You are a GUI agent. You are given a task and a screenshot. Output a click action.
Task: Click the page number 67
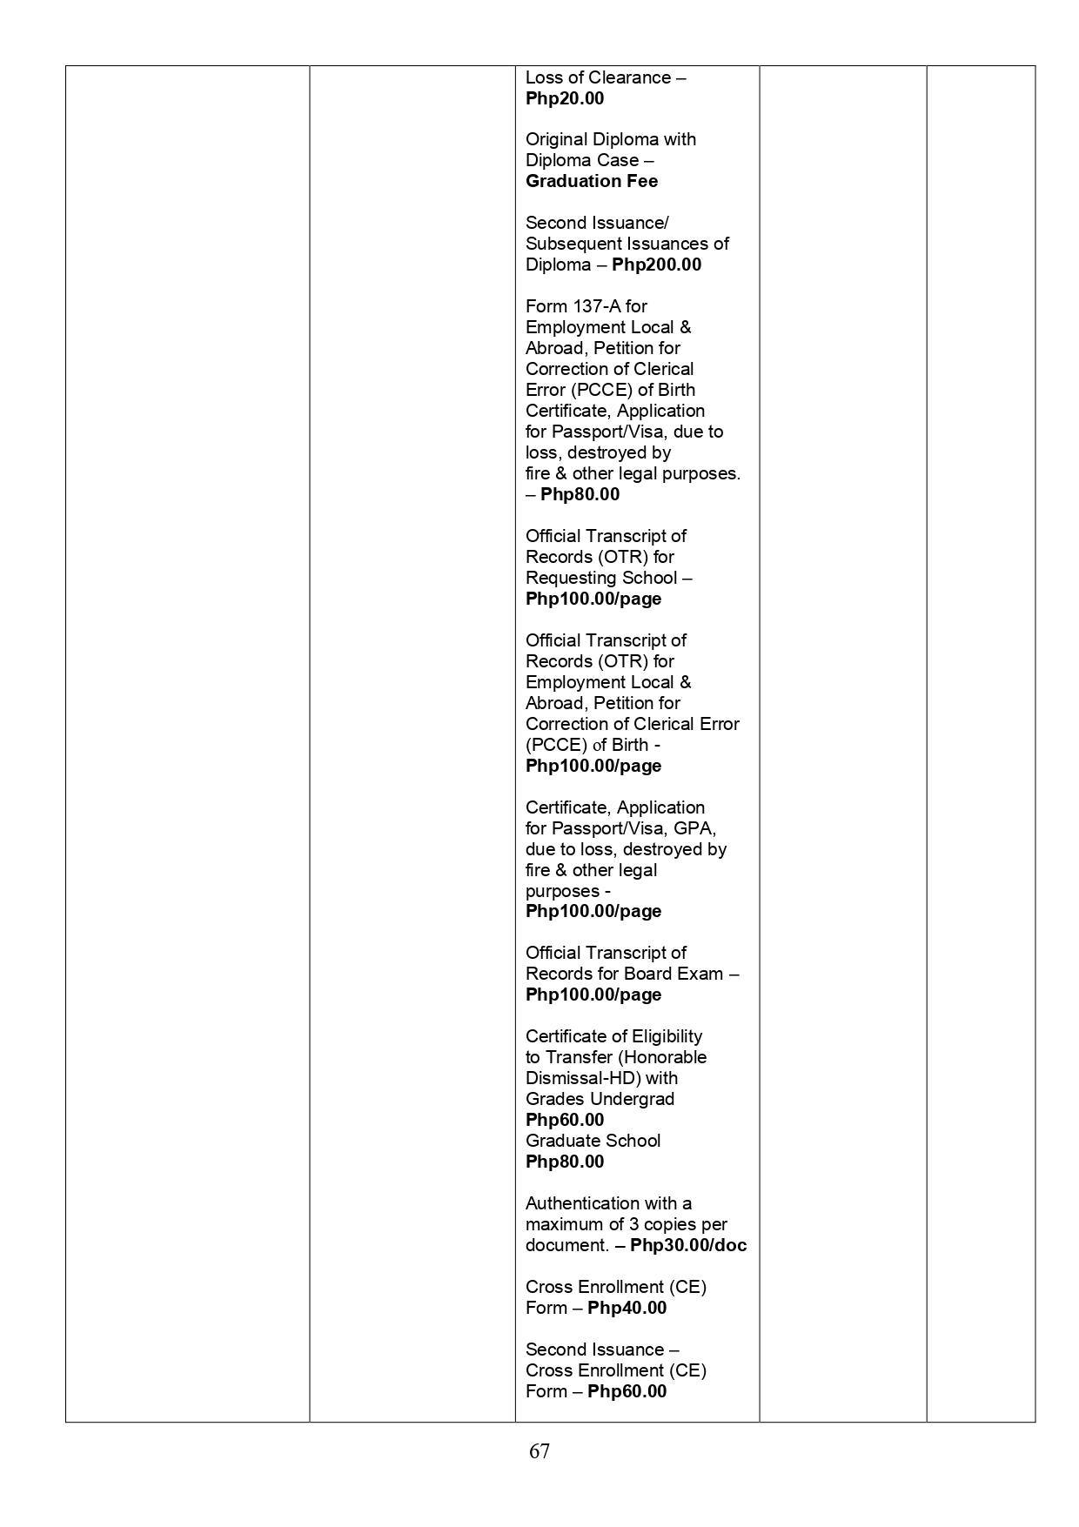(x=539, y=1451)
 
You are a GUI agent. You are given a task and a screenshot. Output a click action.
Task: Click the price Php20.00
(x=565, y=99)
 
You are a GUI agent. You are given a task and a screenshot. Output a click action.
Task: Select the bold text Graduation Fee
(x=592, y=182)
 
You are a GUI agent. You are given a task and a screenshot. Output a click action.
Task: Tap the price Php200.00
(x=656, y=265)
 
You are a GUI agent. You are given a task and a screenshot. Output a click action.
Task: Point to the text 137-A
(x=596, y=306)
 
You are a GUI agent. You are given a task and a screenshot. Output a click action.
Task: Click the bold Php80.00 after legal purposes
(x=580, y=495)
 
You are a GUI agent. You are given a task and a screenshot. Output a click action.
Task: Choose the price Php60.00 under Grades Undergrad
(x=565, y=1121)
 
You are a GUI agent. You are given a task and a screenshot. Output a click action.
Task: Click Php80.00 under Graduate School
(x=565, y=1162)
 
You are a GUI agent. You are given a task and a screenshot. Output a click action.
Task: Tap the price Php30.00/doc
(x=688, y=1246)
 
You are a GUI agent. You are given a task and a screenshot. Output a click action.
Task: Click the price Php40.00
(x=627, y=1309)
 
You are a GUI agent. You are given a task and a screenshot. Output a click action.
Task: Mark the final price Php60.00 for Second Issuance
(x=627, y=1392)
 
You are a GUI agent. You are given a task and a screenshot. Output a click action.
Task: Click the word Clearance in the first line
(x=630, y=78)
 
